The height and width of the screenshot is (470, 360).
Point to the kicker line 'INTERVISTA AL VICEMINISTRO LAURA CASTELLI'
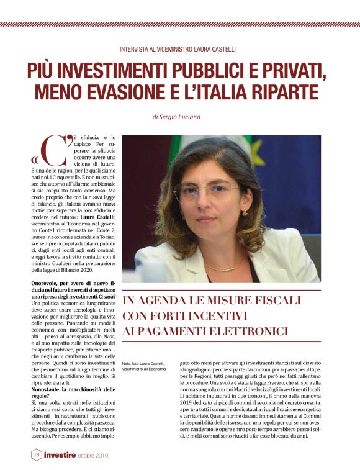coord(180,48)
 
